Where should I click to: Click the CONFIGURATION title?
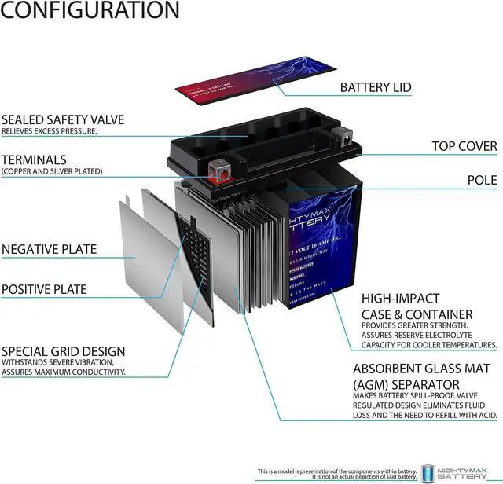90,10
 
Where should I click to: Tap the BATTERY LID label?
375,87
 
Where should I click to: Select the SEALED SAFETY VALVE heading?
63,119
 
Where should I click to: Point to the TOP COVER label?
464,146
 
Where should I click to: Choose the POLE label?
482,180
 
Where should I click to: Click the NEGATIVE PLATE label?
49,250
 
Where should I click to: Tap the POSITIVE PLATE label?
44,289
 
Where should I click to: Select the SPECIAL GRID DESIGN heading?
63,350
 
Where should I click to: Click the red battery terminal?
215,168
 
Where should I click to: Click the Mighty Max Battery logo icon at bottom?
428,472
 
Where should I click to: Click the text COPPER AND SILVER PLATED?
52,170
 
